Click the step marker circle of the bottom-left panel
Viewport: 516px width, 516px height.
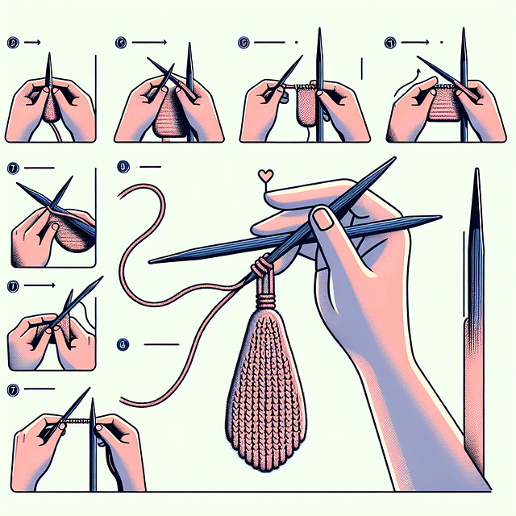(x=12, y=389)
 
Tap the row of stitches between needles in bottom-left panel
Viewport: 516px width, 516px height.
(x=73, y=422)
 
